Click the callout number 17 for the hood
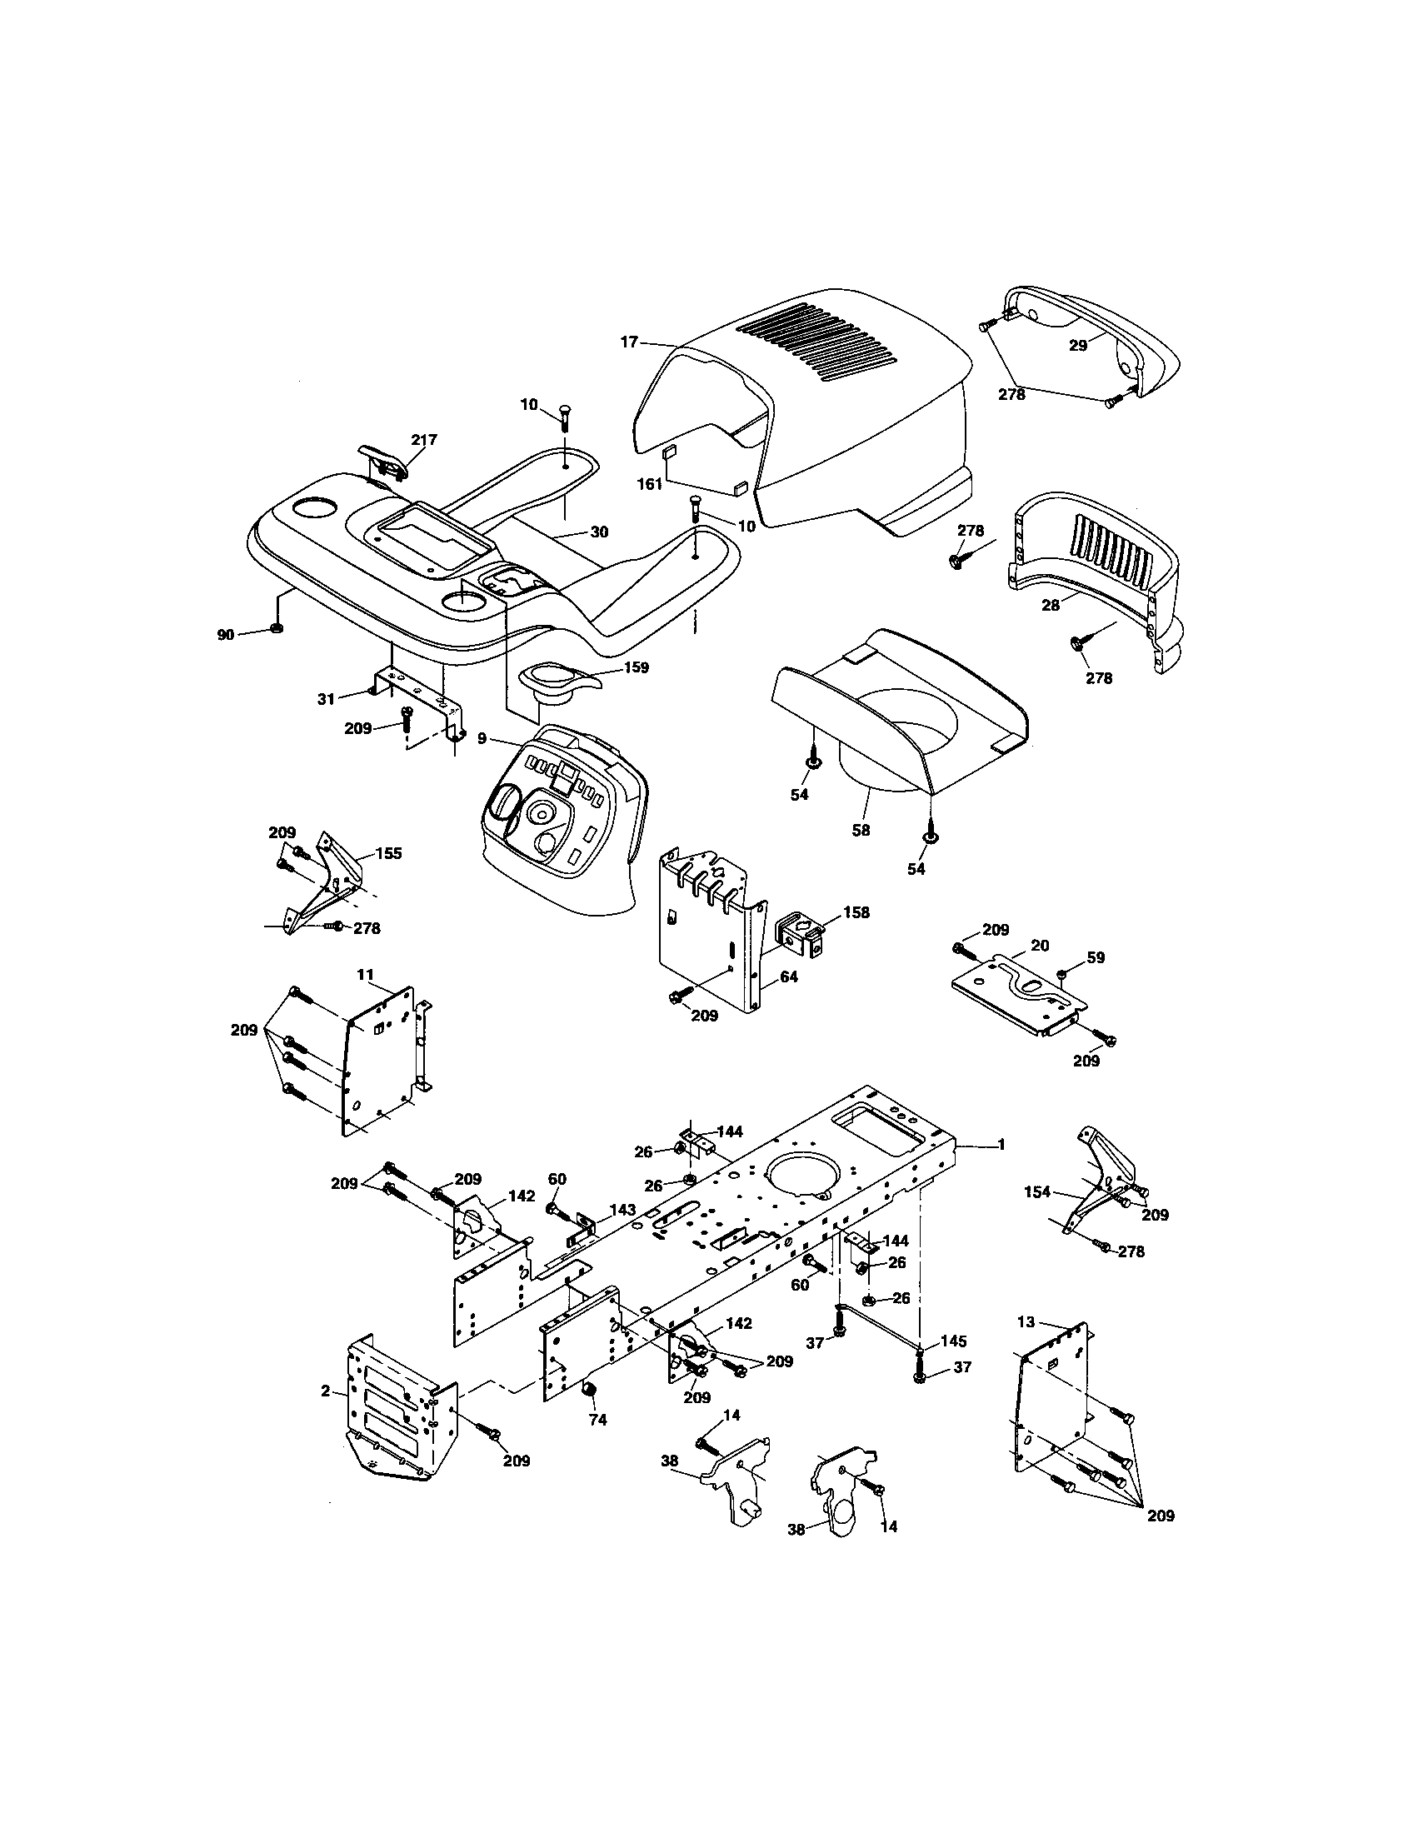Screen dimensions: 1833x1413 pyautogui.click(x=629, y=342)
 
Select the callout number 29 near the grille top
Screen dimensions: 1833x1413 pyautogui.click(x=1078, y=345)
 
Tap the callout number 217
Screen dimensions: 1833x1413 pyautogui.click(x=424, y=440)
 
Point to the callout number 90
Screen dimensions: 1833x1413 pyautogui.click(x=226, y=636)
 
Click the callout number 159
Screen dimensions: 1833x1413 pyautogui.click(x=637, y=668)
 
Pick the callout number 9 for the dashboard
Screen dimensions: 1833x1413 pyautogui.click(x=482, y=738)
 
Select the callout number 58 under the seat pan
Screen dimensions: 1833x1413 pyautogui.click(x=861, y=830)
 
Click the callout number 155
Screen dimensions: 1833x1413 pyautogui.click(x=387, y=853)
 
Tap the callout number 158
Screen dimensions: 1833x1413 pyautogui.click(x=856, y=912)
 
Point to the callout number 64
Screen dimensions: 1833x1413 pyautogui.click(x=788, y=977)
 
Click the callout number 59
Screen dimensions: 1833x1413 pyautogui.click(x=1096, y=956)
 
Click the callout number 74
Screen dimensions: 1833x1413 pyautogui.click(x=597, y=1420)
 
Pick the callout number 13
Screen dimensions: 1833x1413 pyautogui.click(x=1026, y=1322)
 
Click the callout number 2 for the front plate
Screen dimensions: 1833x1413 pyautogui.click(x=326, y=1391)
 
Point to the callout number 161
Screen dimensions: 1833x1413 pyautogui.click(x=650, y=483)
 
